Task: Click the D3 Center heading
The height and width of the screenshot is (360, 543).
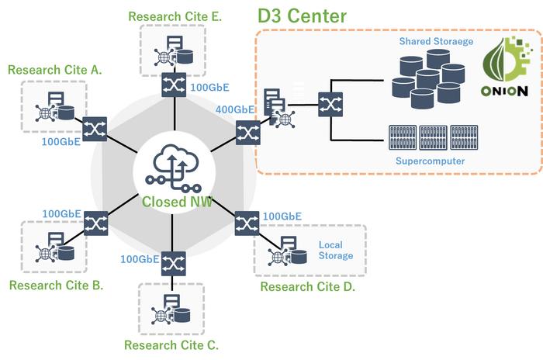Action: pos(302,16)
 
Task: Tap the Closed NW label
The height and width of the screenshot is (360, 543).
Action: pos(175,202)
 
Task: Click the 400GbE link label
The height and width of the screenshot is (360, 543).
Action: pos(236,110)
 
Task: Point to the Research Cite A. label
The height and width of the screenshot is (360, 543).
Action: pos(55,70)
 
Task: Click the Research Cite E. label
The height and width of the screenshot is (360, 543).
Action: pos(175,16)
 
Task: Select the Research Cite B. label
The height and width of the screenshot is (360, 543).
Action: pos(57,285)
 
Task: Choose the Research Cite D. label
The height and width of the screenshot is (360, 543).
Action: pos(307,287)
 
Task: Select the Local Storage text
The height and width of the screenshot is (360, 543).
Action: pos(335,251)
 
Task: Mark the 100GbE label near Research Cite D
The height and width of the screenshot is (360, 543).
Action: pos(282,216)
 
